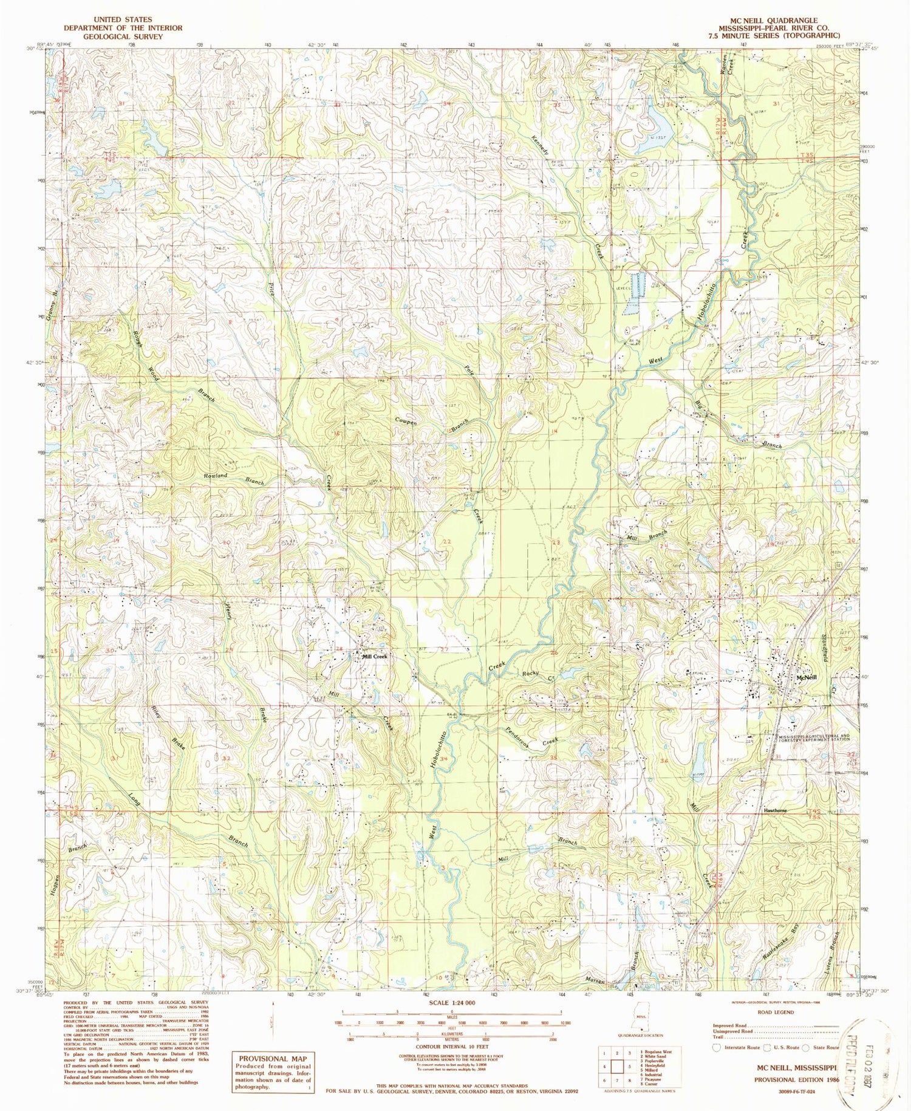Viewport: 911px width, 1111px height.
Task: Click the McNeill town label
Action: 806,678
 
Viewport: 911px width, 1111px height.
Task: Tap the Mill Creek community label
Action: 374,657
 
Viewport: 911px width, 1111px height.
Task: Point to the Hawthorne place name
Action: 776,810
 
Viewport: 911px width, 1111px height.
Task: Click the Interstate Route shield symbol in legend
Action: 717,1047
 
